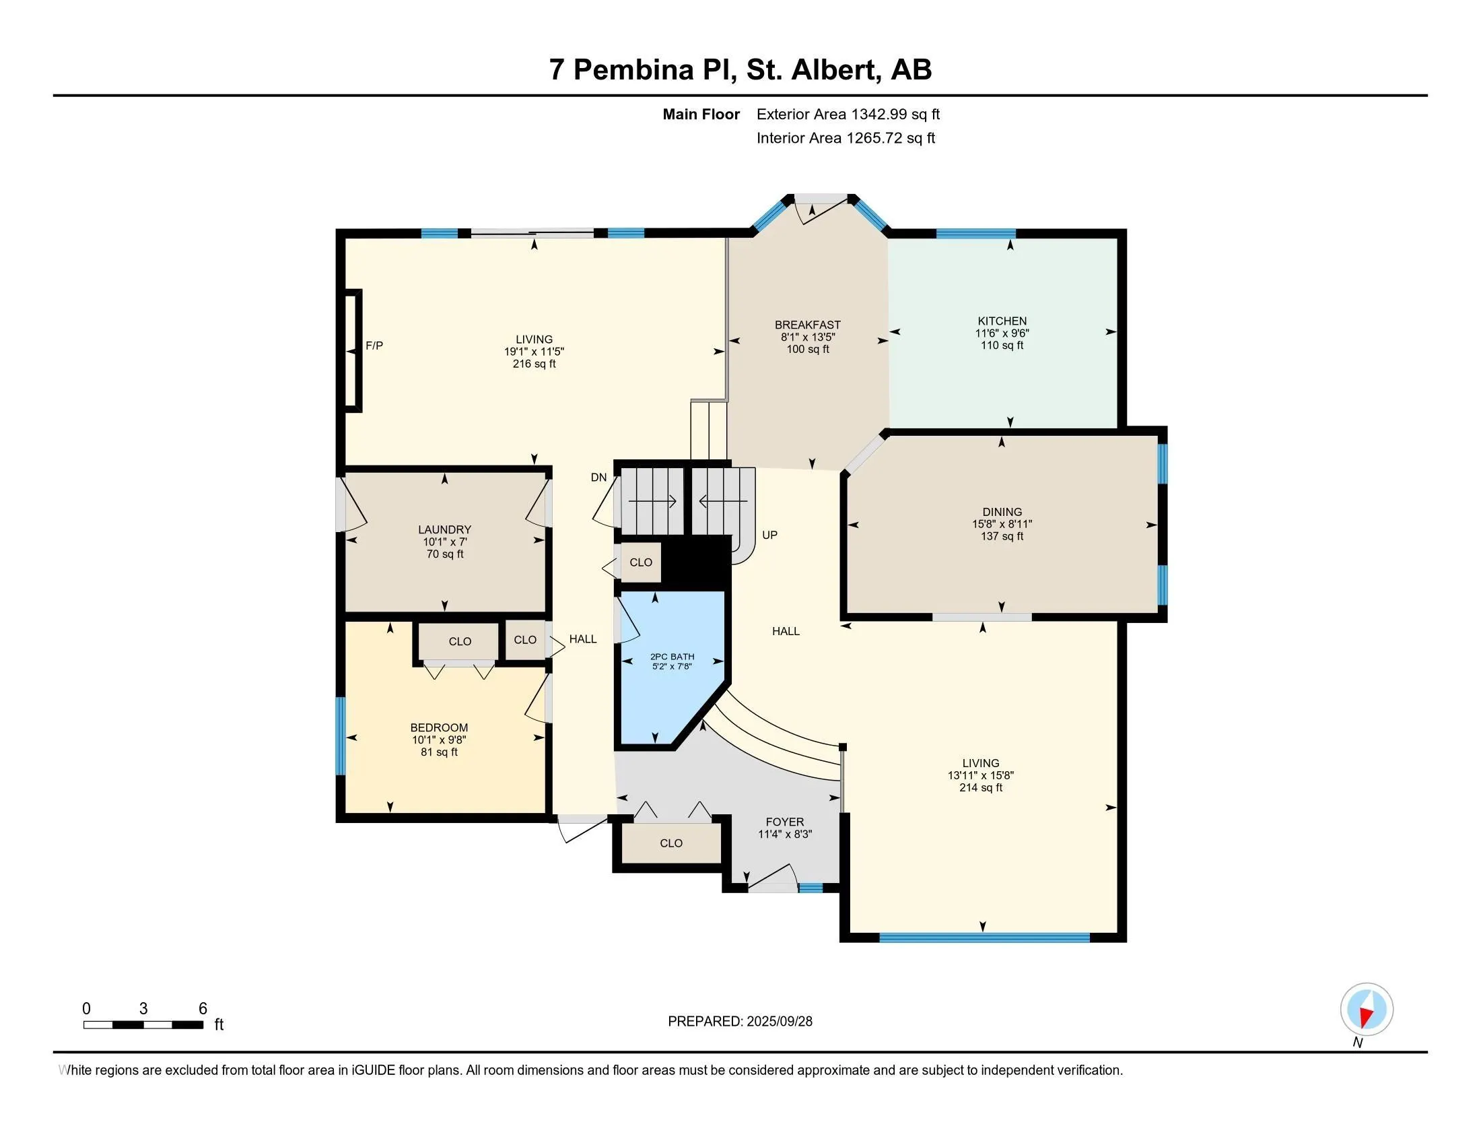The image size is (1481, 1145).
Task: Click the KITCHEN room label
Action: (x=1002, y=321)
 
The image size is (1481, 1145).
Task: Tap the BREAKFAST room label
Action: (x=808, y=325)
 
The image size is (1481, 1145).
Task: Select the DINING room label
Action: (x=1002, y=512)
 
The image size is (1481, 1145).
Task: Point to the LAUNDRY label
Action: (x=444, y=530)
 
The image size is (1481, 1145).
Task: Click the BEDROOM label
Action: (x=439, y=728)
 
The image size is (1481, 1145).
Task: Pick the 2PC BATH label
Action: (x=672, y=657)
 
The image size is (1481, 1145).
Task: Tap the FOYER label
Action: (x=784, y=822)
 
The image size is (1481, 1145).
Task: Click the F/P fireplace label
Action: (x=374, y=346)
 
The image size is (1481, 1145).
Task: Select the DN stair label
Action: (x=598, y=478)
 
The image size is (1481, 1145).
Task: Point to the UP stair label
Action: (x=769, y=535)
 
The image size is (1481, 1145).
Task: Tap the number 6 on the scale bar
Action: (x=202, y=1009)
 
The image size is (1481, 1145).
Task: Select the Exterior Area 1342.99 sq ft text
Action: (x=848, y=115)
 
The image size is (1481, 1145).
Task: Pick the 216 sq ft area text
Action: (x=535, y=364)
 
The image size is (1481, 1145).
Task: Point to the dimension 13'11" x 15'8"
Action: (x=981, y=775)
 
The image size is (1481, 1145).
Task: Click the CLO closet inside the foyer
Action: (x=671, y=843)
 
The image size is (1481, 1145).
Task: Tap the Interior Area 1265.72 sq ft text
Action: (x=846, y=138)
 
